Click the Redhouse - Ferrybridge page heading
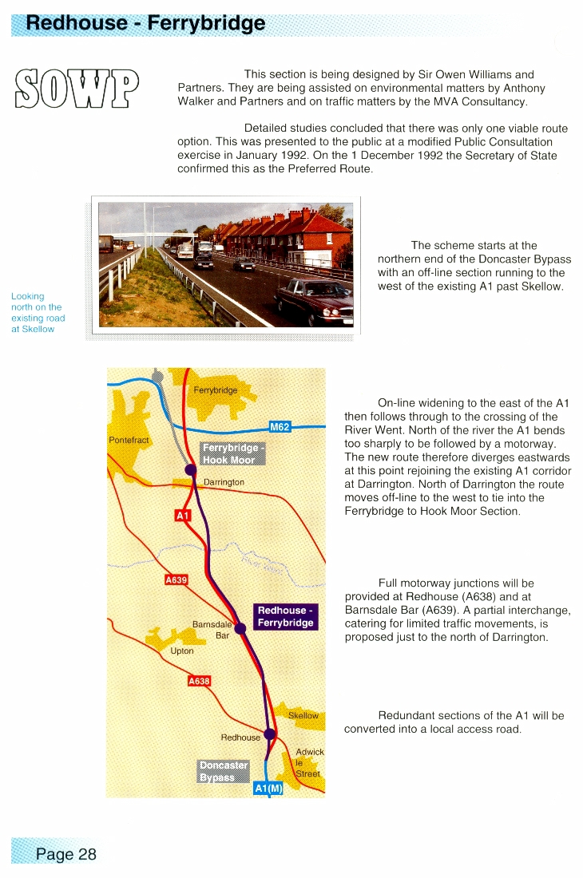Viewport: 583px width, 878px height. pos(146,22)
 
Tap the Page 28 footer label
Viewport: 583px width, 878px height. pos(65,854)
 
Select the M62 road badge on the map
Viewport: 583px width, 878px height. pos(280,427)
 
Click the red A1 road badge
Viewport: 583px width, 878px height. pos(183,516)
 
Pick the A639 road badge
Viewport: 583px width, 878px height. pos(176,580)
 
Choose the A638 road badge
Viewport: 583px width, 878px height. pos(198,681)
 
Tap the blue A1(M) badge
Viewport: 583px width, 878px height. pos(268,789)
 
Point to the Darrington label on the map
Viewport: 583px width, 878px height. pos(224,483)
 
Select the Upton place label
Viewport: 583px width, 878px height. pos(182,651)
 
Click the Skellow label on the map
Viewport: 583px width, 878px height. pos(303,716)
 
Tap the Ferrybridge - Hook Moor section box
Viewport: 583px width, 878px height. pos(232,453)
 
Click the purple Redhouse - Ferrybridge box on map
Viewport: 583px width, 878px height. pos(285,616)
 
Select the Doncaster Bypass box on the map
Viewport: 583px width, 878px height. pos(223,771)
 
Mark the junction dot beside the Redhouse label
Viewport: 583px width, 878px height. pos(270,734)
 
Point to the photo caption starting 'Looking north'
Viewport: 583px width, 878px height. pos(38,312)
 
